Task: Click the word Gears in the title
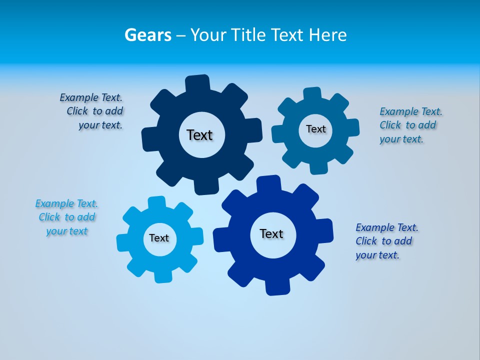147,35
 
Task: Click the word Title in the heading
248,35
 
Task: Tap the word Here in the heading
327,35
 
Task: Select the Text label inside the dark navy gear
199,135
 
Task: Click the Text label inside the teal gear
315,129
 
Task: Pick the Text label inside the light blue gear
159,238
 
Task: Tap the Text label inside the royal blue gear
271,233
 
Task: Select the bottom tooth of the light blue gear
162,276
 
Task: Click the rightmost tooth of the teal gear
352,127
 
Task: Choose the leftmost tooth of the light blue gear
123,242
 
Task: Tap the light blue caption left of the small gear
66,217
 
